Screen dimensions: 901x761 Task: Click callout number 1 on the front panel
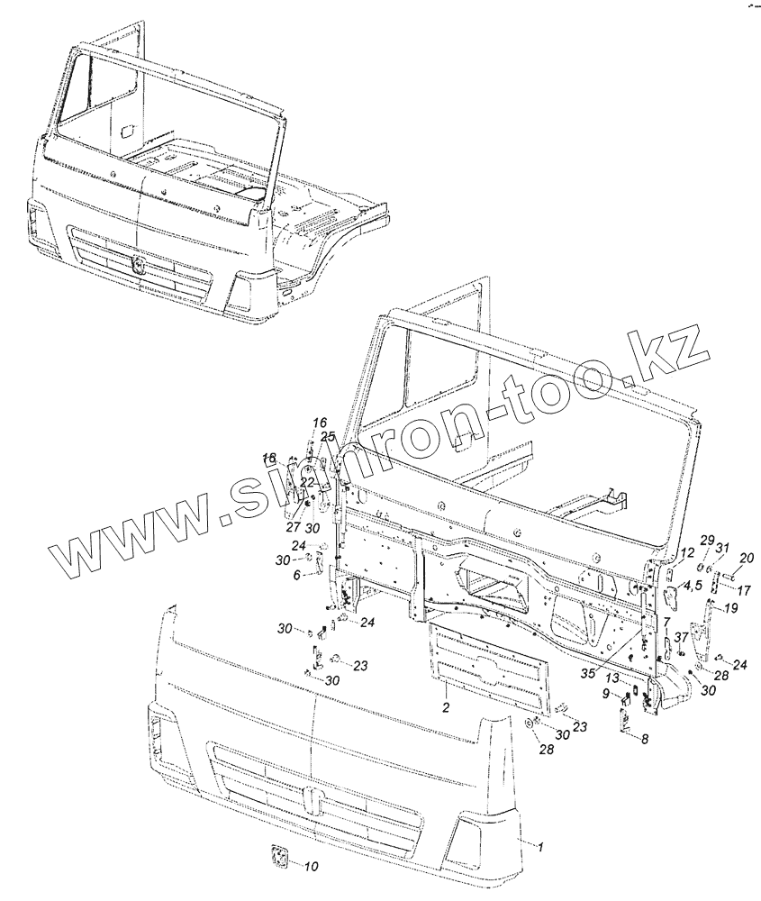click(x=541, y=846)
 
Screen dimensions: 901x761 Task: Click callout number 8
click(x=645, y=738)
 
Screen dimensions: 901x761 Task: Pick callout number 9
click(x=605, y=693)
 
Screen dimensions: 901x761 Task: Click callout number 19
click(x=730, y=608)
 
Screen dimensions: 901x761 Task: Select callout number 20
click(x=746, y=558)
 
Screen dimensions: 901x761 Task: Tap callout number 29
click(x=707, y=539)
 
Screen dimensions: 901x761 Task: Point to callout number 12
click(x=686, y=552)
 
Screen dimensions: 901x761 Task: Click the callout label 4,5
click(x=694, y=587)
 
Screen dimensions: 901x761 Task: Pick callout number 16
click(x=320, y=423)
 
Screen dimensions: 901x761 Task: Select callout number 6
click(x=296, y=575)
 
